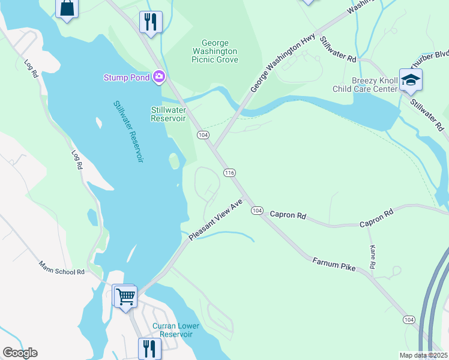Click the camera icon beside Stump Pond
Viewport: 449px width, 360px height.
click(x=159, y=76)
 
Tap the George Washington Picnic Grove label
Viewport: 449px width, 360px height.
click(x=215, y=52)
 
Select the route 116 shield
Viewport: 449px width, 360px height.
click(x=229, y=173)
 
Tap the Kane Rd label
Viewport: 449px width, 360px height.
click(x=373, y=256)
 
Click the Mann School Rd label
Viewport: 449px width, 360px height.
click(x=62, y=267)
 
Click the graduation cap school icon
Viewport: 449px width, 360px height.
click(x=411, y=80)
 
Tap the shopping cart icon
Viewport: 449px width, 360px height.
click(x=125, y=296)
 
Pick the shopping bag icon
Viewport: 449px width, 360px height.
click(x=67, y=8)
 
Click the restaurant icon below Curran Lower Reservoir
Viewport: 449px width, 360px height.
click(x=149, y=348)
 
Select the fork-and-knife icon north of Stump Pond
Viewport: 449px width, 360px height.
click(x=150, y=22)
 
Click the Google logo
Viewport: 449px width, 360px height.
click(x=20, y=353)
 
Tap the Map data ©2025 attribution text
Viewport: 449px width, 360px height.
click(x=423, y=355)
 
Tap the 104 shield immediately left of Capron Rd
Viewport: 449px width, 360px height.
click(x=257, y=210)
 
